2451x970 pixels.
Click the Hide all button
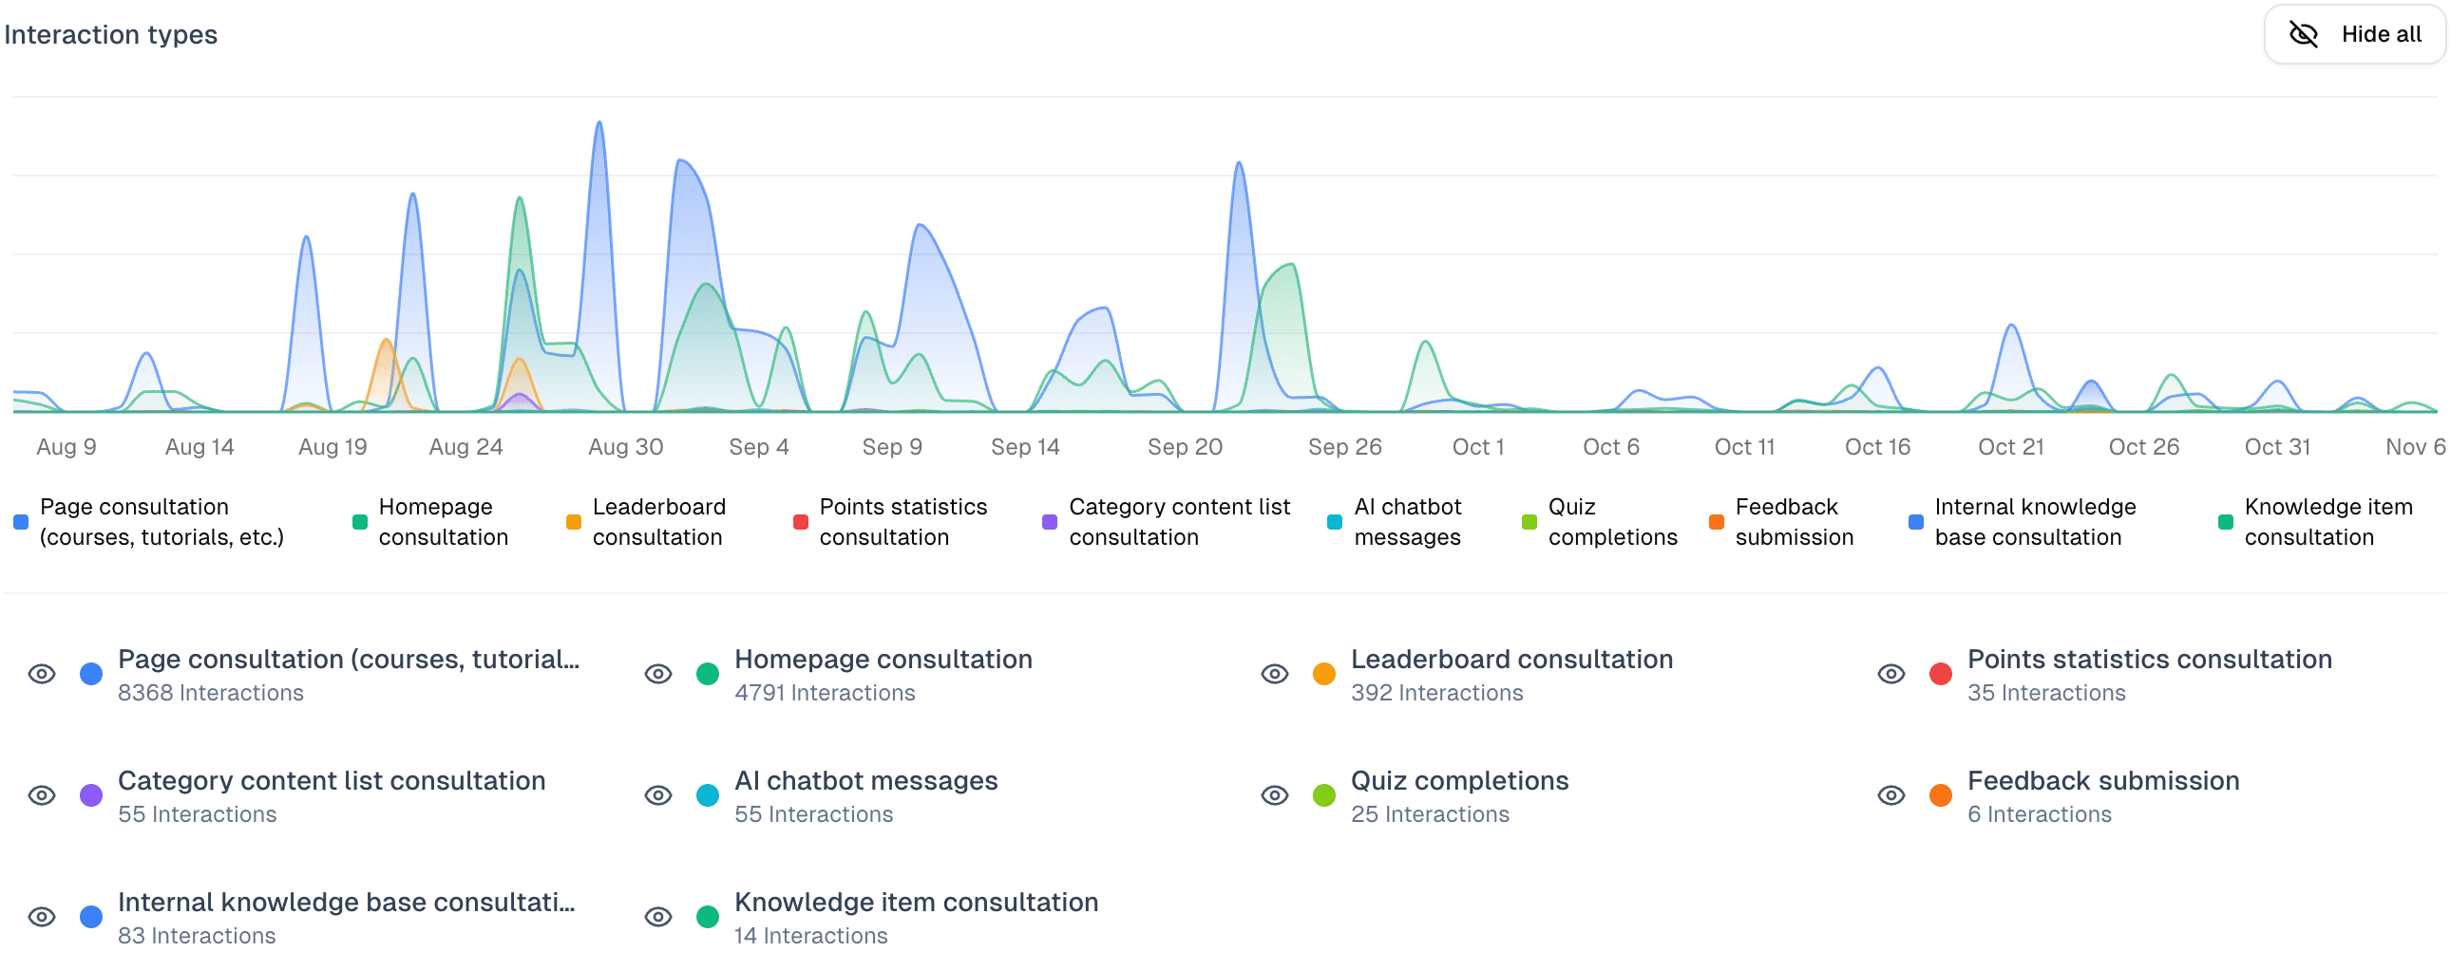(2354, 34)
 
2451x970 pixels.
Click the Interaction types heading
(110, 34)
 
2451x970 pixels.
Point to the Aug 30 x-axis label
(625, 447)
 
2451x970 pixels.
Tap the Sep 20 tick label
(1185, 447)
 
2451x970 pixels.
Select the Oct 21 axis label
(2010, 447)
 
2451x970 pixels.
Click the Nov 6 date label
(2414, 447)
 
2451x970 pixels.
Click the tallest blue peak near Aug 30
(599, 123)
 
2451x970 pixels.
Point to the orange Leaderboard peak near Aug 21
(386, 341)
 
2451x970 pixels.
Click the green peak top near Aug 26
(520, 198)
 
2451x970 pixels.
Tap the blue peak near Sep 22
(1239, 164)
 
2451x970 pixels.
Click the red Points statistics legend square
(801, 522)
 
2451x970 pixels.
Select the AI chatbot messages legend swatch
(1335, 522)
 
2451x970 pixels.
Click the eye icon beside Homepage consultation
(658, 674)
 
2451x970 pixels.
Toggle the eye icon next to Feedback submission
(1890, 796)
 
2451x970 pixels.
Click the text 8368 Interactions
(210, 693)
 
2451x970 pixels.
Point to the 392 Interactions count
(1435, 693)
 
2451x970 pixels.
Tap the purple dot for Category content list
(91, 796)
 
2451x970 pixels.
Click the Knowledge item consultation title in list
(915, 903)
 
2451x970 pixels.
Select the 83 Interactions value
(196, 937)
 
